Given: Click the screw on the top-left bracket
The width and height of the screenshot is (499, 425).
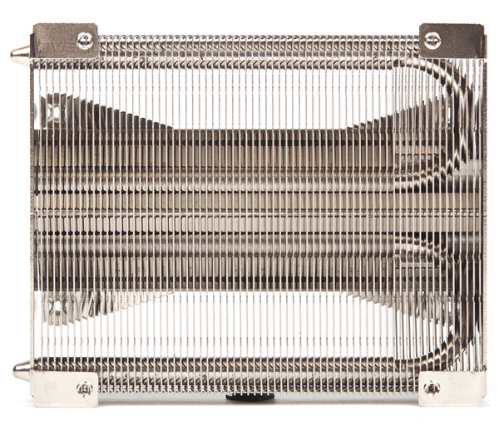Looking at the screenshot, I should point(84,40).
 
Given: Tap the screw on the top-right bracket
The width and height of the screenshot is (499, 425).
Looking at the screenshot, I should point(432,39).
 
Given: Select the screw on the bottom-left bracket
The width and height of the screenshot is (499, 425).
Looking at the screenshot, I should point(84,388).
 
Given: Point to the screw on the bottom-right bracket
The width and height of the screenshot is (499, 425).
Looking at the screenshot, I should point(431,387).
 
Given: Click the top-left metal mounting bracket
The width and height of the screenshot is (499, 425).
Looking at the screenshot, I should point(65,40).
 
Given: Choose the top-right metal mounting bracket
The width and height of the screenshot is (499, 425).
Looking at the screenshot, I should point(452,40).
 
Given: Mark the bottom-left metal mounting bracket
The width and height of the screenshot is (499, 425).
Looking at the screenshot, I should point(65,388).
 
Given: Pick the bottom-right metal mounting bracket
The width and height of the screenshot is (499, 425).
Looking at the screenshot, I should point(452,388).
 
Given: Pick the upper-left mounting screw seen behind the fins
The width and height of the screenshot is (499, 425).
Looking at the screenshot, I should point(52,110).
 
